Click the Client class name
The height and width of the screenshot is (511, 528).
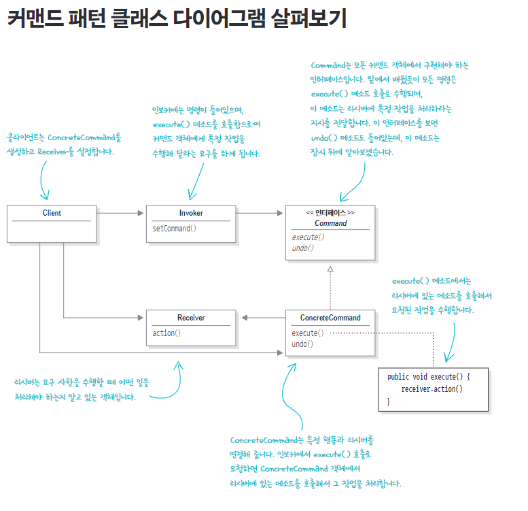pos(52,213)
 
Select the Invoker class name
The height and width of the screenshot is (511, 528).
pos(191,213)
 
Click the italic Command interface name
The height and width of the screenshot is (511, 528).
pos(330,223)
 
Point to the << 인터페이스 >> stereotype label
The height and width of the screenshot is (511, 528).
pos(330,213)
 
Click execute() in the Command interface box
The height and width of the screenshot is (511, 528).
pos(309,237)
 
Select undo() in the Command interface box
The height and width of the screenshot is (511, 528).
pos(303,248)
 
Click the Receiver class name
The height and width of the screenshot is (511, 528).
pos(191,318)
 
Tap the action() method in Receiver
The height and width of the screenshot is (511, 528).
pos(166,333)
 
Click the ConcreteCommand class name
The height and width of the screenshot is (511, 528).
pos(330,318)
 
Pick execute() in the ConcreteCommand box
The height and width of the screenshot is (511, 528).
pos(308,333)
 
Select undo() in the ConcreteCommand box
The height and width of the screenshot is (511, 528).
pos(302,344)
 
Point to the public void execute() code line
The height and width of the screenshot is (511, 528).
pos(428,376)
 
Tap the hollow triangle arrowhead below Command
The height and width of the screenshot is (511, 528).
pos(330,270)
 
